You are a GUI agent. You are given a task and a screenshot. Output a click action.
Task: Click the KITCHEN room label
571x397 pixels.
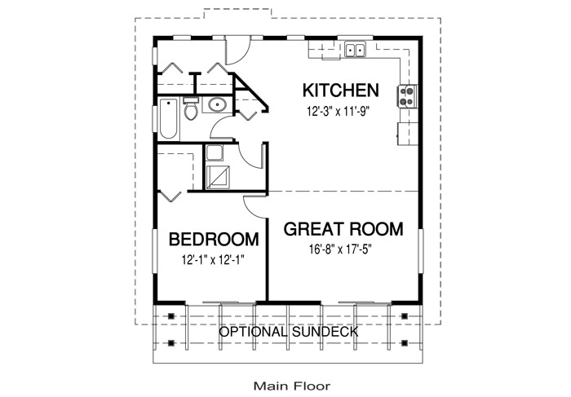click(340, 90)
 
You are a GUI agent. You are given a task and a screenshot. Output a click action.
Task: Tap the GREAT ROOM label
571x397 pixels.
click(343, 229)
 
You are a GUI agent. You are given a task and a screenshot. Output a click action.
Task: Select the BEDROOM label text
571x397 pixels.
click(214, 240)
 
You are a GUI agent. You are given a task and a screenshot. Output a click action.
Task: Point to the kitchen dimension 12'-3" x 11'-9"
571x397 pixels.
click(339, 111)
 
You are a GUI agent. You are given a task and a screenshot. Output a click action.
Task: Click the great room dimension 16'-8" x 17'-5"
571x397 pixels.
click(340, 249)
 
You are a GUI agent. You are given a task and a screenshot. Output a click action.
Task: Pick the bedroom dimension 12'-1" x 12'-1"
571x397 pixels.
click(213, 260)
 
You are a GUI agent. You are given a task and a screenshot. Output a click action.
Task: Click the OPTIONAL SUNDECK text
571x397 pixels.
click(289, 332)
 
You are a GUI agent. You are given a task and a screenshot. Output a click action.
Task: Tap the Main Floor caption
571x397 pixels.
click(292, 386)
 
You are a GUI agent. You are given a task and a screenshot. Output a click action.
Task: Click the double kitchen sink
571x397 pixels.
click(355, 50)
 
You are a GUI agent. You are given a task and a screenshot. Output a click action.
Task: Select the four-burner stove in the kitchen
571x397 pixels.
click(407, 96)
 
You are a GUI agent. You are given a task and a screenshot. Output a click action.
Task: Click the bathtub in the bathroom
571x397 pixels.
click(168, 119)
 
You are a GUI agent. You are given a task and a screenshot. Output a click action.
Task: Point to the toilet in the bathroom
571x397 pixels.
click(190, 108)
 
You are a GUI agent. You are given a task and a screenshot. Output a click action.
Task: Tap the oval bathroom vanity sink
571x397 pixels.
click(218, 105)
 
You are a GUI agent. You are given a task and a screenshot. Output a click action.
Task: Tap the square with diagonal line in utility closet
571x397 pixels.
click(218, 177)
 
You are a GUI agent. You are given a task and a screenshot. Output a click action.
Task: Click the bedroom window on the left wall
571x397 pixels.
click(155, 251)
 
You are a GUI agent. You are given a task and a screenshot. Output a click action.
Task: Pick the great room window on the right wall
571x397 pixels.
click(421, 251)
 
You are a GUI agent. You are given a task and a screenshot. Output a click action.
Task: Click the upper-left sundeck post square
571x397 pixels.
click(171, 315)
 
